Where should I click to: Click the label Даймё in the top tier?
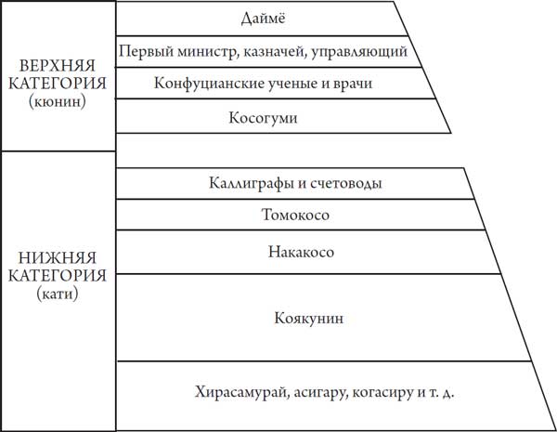click(x=263, y=19)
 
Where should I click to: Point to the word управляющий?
click(x=359, y=52)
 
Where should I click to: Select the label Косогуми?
click(x=263, y=118)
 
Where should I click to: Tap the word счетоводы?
click(x=346, y=183)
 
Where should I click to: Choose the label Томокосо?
click(x=295, y=215)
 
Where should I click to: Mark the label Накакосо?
click(x=301, y=252)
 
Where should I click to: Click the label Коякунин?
click(x=309, y=318)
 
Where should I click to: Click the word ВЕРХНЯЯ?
click(x=58, y=66)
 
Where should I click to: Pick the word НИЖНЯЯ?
click(x=58, y=257)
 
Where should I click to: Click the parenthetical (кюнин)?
click(x=58, y=102)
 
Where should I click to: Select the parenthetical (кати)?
click(x=58, y=295)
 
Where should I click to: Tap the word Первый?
click(x=146, y=52)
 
